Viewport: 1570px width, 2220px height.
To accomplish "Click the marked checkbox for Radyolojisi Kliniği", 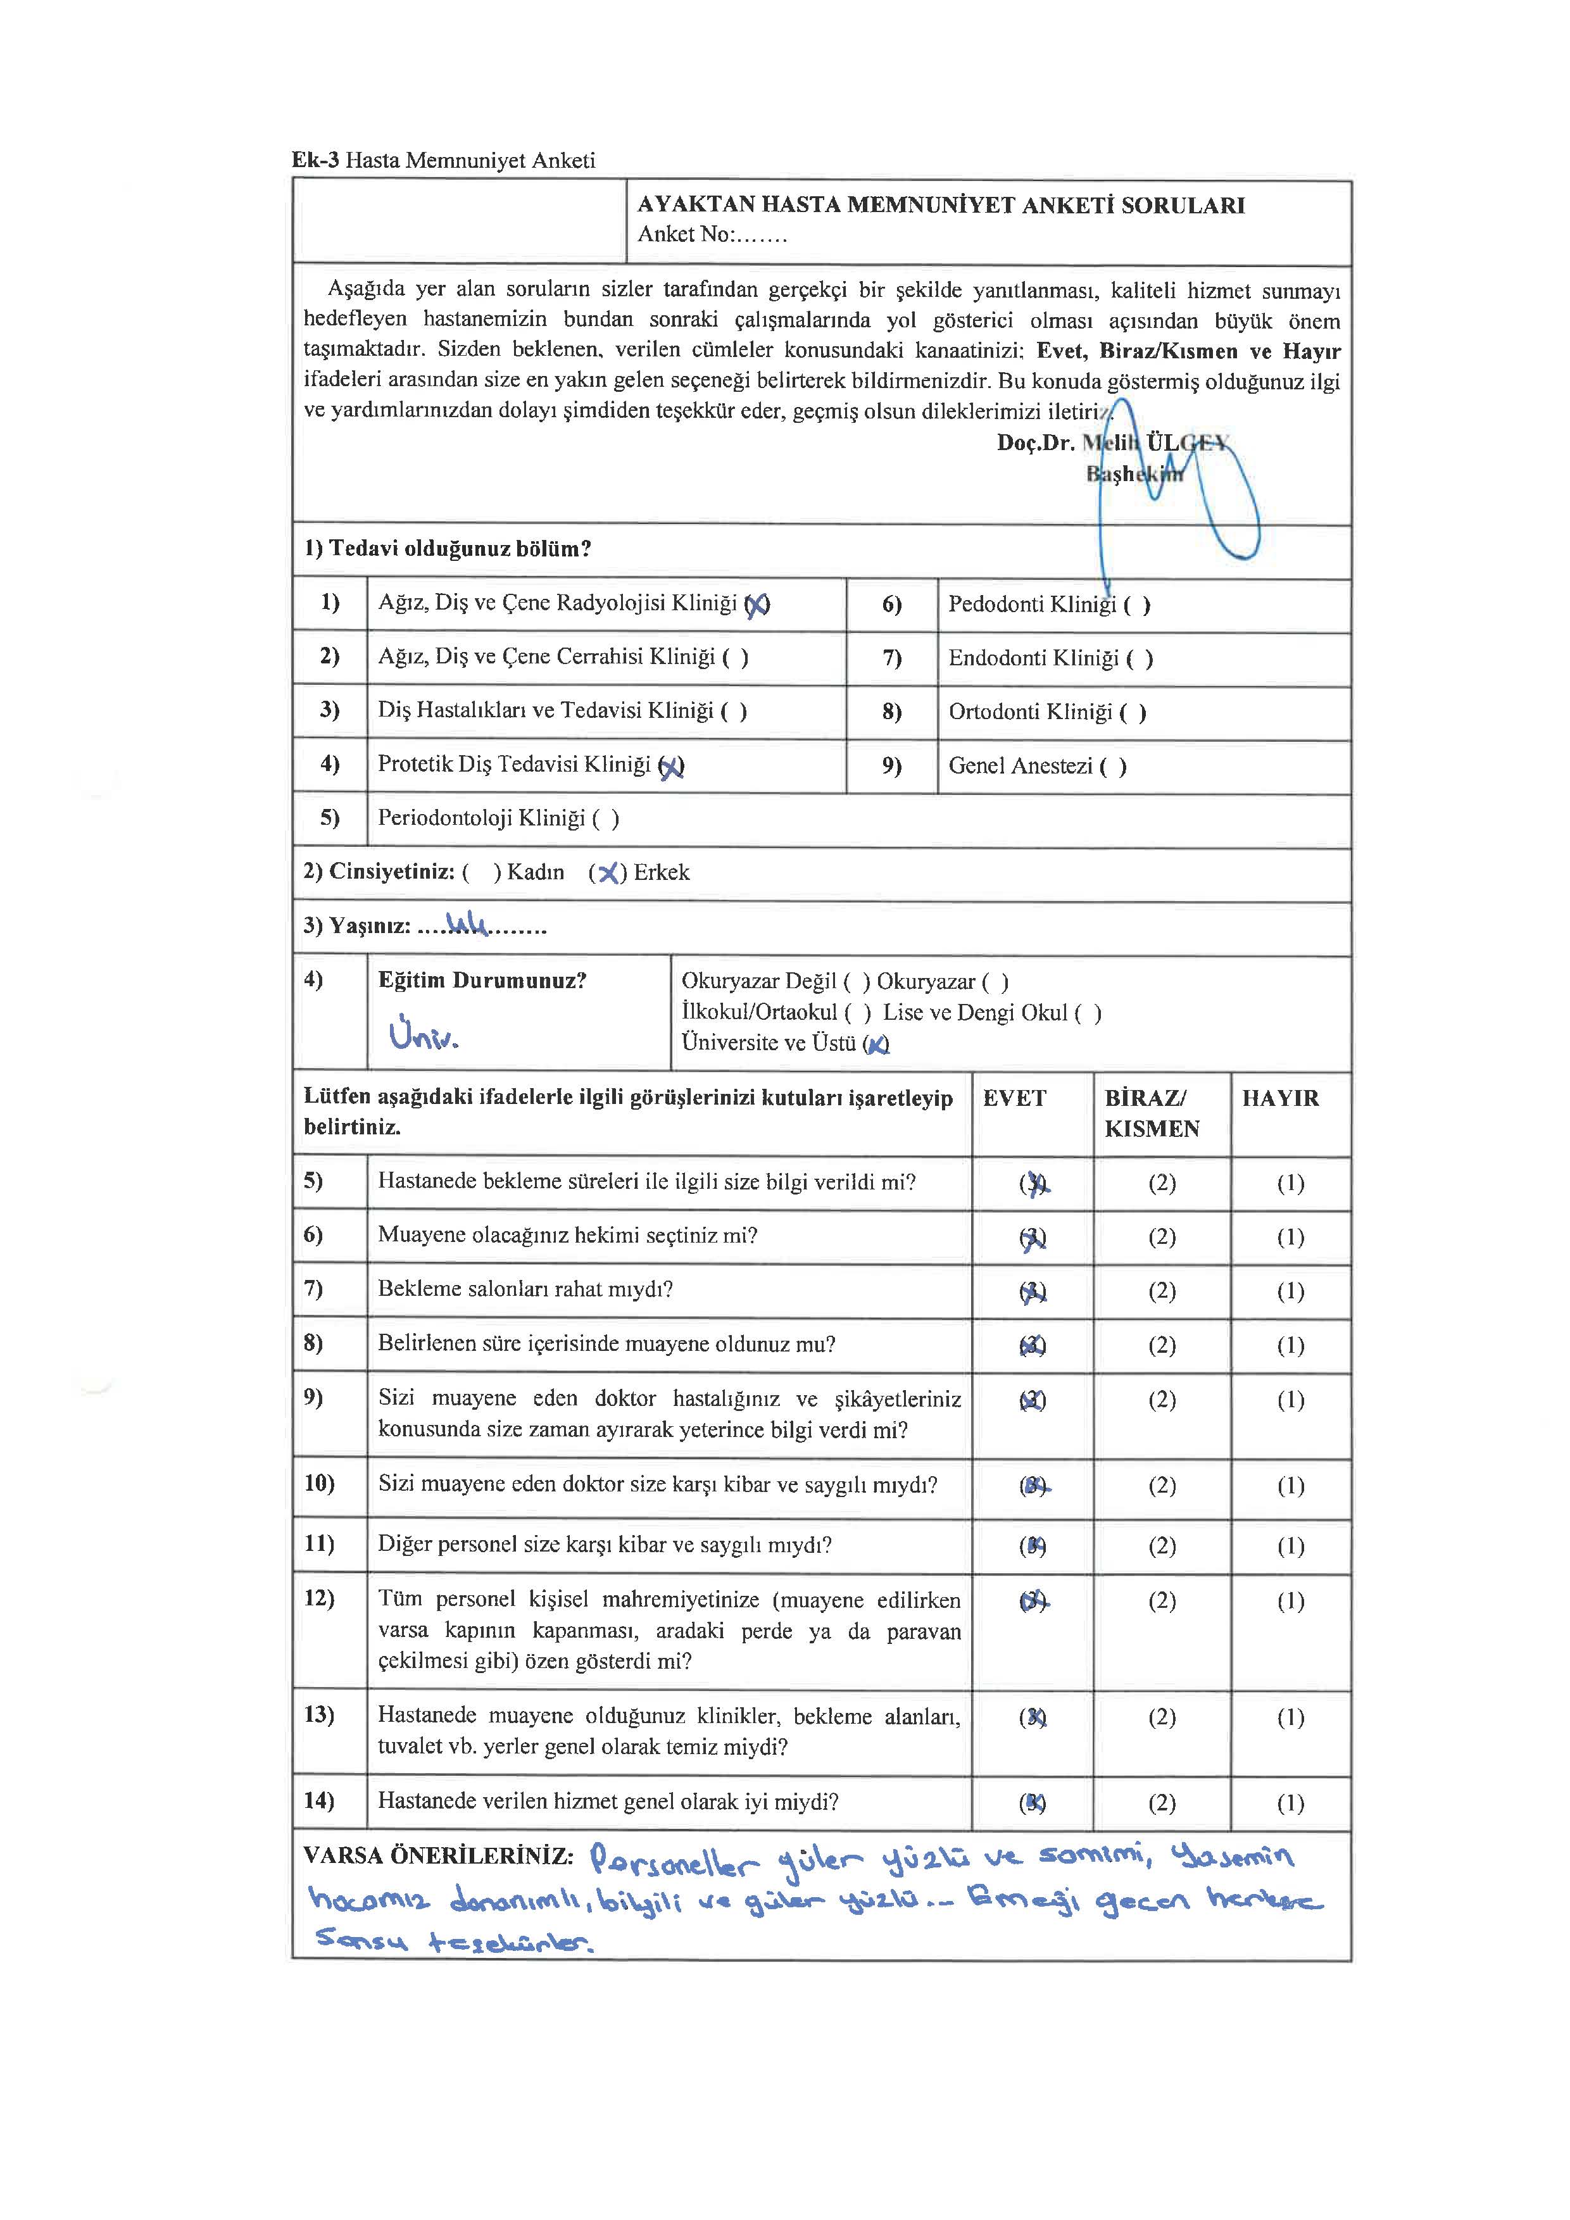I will click(757, 605).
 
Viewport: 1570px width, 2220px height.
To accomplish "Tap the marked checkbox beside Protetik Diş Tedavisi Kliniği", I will click(671, 767).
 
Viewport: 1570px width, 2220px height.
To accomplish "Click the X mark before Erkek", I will click(608, 873).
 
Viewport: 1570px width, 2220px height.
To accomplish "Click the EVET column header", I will click(1014, 1098).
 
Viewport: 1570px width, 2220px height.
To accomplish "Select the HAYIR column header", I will click(1280, 1098).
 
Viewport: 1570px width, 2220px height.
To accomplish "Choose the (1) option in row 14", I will click(1291, 1803).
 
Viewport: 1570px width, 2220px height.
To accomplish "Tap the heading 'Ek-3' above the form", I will click(315, 161).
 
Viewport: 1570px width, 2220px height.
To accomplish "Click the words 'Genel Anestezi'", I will click(1020, 766).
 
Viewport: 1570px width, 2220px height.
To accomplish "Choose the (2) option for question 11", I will click(1162, 1546).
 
